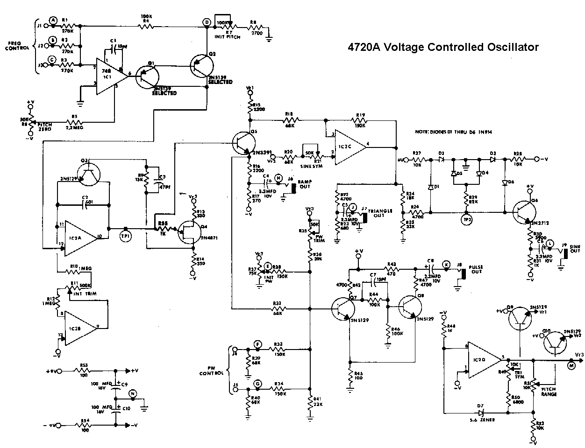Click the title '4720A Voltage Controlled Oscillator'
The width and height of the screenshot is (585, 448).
(443, 47)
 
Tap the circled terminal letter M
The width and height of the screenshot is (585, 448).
(571, 366)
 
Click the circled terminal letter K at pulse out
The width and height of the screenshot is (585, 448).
(447, 264)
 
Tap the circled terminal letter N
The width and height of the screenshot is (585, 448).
(133, 394)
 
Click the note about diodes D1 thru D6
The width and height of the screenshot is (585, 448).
(453, 133)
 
